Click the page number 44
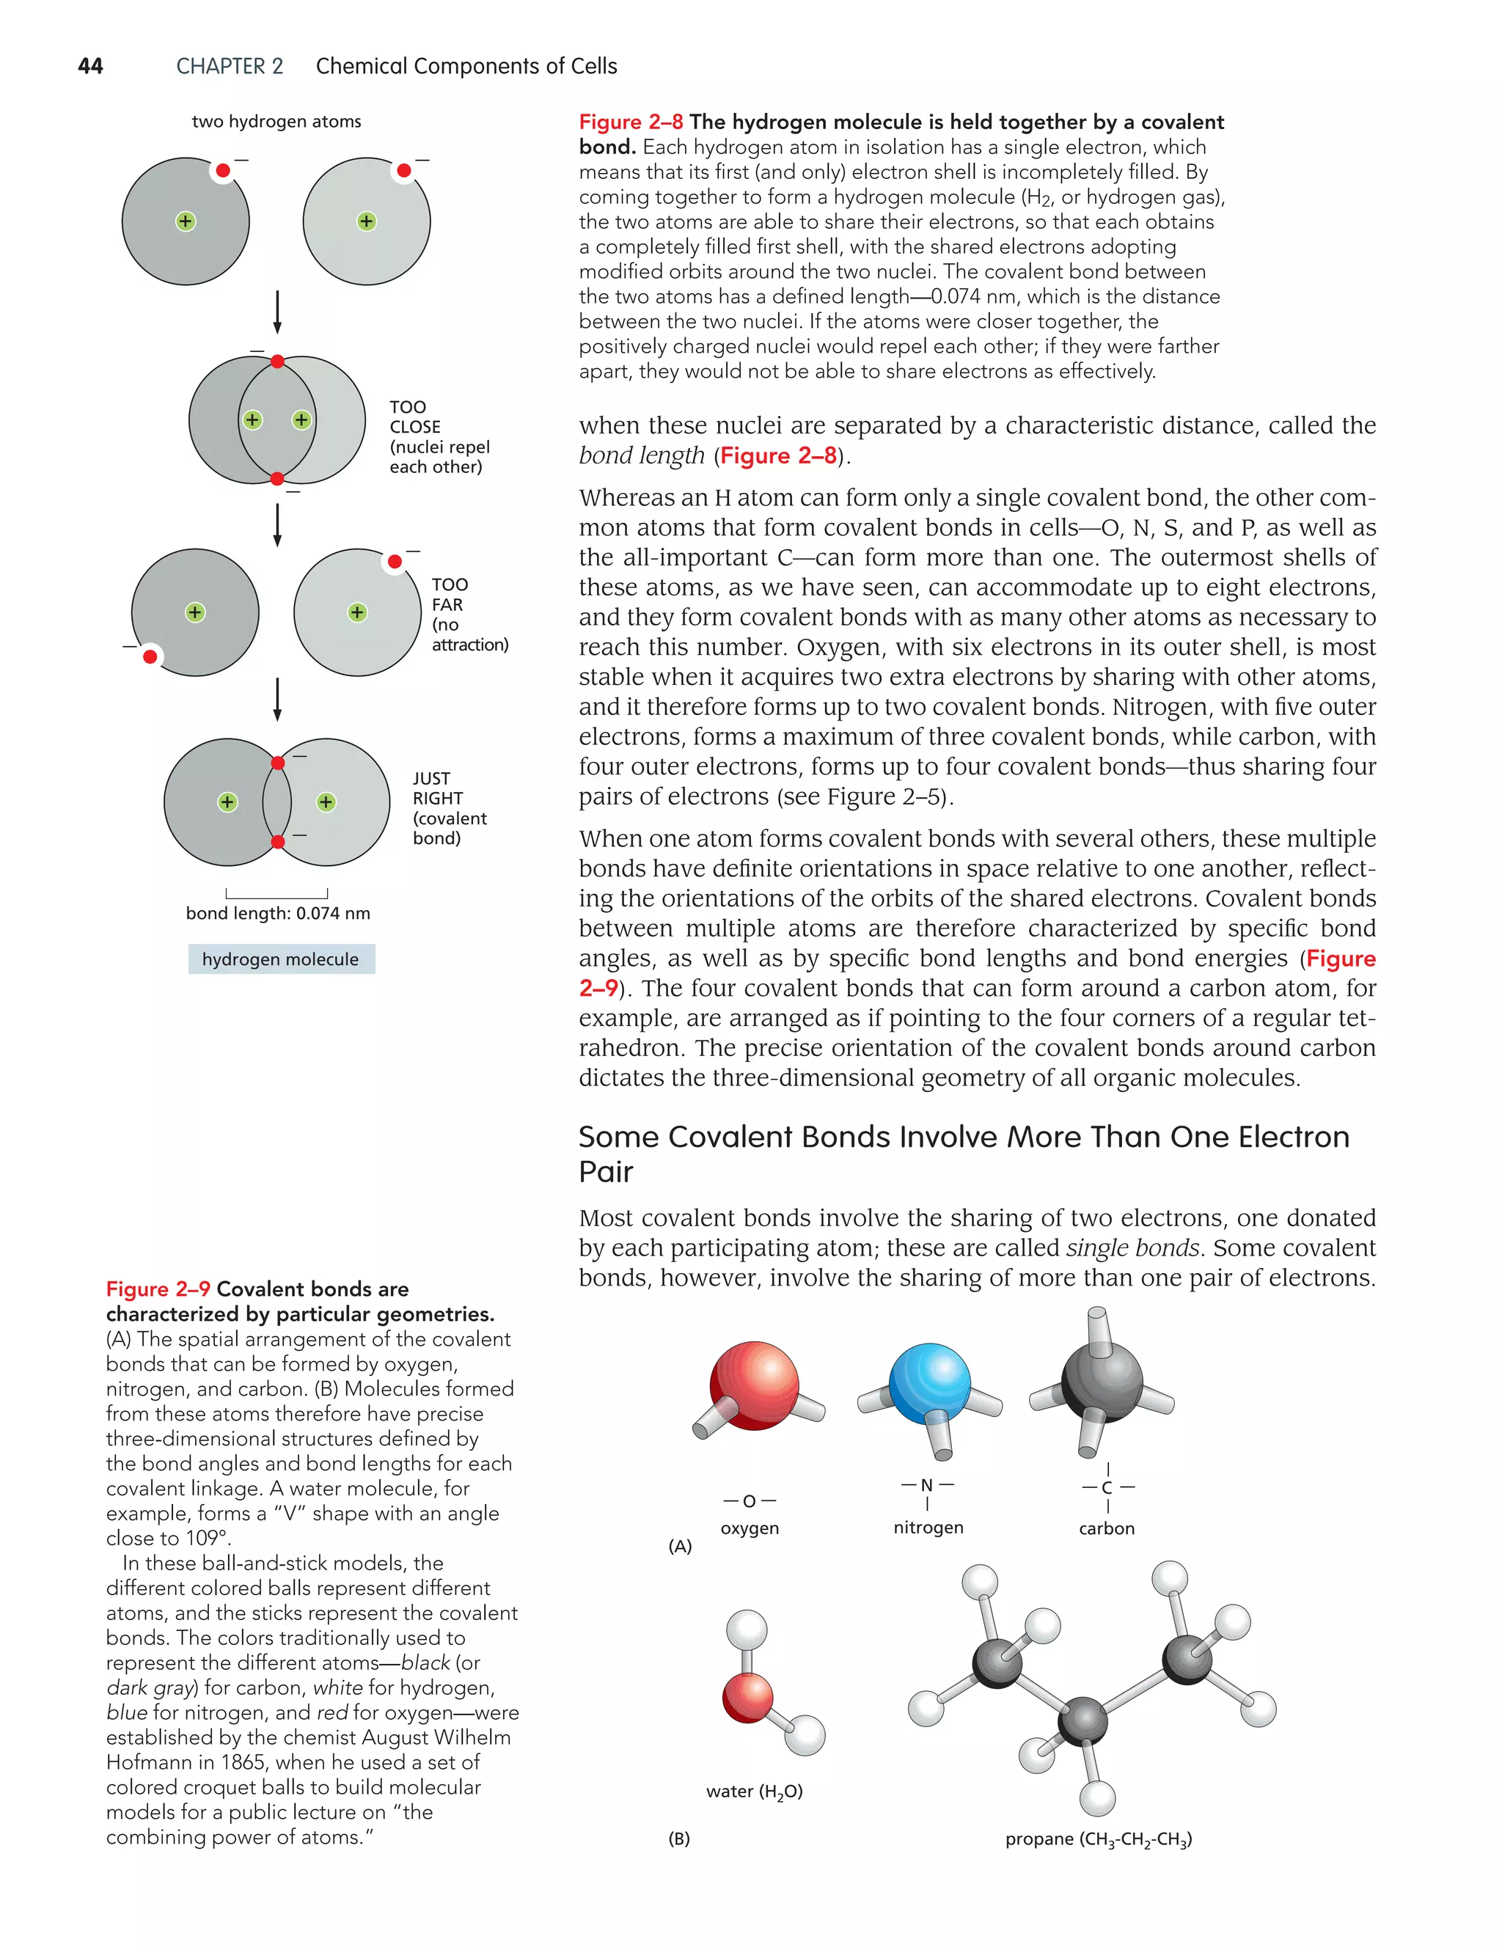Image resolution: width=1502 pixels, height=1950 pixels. (x=90, y=66)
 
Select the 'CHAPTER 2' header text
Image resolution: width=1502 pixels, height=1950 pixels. (x=230, y=66)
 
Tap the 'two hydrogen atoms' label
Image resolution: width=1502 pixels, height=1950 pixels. (x=276, y=122)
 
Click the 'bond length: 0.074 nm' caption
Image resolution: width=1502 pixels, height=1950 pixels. (x=278, y=912)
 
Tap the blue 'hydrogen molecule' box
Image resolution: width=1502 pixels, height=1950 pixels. (x=282, y=959)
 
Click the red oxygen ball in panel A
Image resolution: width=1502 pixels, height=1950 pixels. (x=755, y=1384)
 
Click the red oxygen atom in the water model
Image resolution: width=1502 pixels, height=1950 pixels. (x=747, y=1697)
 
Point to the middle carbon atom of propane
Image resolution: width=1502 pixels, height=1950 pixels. (x=1082, y=1720)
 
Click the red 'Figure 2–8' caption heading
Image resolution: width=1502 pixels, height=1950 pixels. (x=631, y=122)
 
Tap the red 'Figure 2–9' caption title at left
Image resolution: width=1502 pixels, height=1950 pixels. (x=158, y=1289)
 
